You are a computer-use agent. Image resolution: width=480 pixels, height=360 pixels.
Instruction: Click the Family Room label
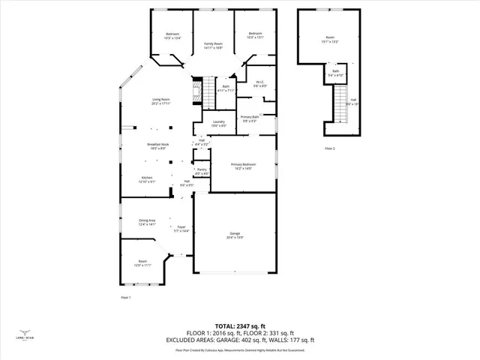214,46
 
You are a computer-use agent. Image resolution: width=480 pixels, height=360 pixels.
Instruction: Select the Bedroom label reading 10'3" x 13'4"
172,36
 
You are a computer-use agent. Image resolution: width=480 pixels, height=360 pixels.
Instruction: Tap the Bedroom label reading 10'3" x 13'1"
255,35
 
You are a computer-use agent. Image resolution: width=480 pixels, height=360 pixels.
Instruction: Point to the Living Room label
161,101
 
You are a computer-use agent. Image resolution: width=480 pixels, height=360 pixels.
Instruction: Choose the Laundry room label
218,124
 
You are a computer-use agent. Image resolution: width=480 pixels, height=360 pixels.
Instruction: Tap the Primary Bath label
250,119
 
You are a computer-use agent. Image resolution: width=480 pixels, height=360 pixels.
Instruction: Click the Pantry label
202,172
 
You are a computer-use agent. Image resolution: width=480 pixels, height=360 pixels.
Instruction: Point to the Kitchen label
146,179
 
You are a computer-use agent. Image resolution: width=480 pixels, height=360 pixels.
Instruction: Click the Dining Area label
146,223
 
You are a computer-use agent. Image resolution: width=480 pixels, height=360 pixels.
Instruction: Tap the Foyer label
181,229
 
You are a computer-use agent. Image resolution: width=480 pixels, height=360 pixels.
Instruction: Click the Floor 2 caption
330,149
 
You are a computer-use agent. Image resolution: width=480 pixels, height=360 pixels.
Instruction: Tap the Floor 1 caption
126,298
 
